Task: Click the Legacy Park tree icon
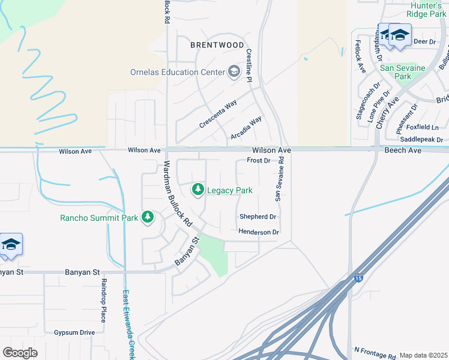click(x=197, y=190)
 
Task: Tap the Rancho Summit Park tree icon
click(x=148, y=217)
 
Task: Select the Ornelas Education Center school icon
click(x=233, y=73)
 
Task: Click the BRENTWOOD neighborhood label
click(x=217, y=45)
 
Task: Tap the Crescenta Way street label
click(x=218, y=115)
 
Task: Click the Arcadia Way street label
click(x=246, y=128)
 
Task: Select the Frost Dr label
click(x=259, y=161)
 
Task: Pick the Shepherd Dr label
click(x=258, y=217)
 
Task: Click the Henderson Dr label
click(x=259, y=232)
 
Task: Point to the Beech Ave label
click(x=403, y=151)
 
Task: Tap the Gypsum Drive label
click(x=74, y=332)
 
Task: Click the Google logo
click(x=20, y=352)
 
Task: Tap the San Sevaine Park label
click(x=403, y=72)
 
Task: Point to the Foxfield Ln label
click(x=423, y=127)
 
